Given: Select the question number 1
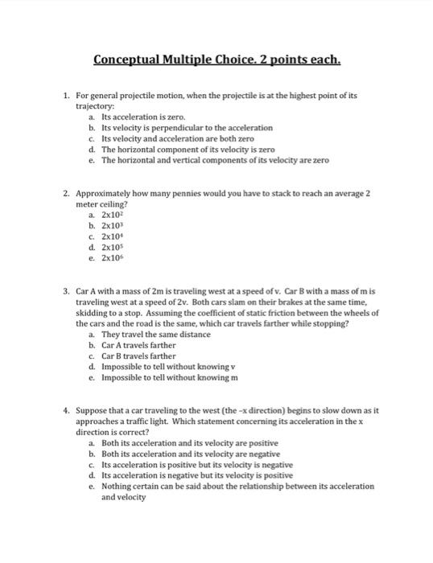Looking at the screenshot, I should (x=66, y=95).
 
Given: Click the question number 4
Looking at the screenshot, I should (x=66, y=411).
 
